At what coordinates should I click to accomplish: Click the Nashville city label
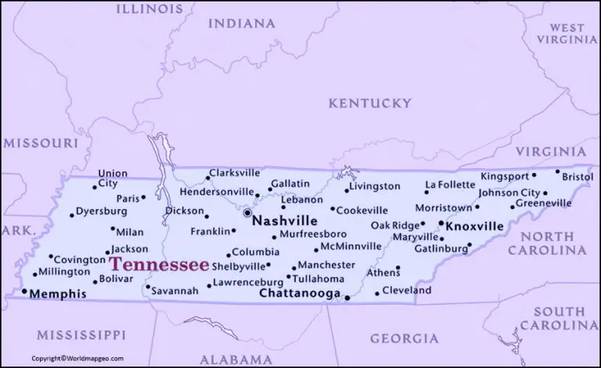click(x=285, y=222)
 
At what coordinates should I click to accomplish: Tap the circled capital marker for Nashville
click(x=247, y=212)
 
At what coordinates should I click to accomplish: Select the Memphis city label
click(x=59, y=294)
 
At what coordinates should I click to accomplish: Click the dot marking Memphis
click(x=23, y=292)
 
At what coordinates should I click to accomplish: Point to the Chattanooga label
click(x=300, y=294)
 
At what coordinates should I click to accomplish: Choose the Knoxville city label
click(x=474, y=225)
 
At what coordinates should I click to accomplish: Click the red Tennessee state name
click(x=159, y=264)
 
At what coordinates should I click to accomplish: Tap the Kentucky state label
click(x=369, y=103)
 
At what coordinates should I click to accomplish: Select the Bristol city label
click(x=578, y=178)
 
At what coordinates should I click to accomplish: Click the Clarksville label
click(x=235, y=172)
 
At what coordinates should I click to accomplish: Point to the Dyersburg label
click(x=103, y=211)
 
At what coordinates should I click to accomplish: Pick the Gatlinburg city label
click(x=441, y=248)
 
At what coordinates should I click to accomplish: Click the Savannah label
click(x=176, y=290)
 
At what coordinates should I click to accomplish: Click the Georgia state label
click(x=403, y=338)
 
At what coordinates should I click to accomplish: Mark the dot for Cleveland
click(x=377, y=293)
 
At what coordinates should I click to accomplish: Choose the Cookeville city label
click(x=363, y=211)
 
